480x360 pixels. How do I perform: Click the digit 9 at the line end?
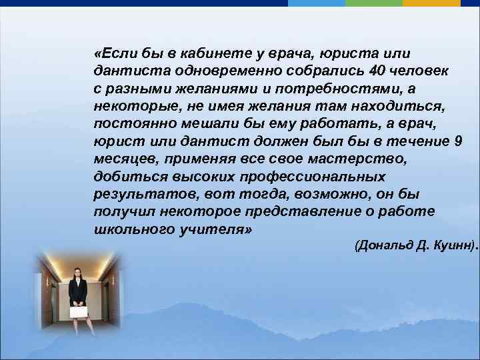coord(457,141)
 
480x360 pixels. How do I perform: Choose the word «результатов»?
coord(135,194)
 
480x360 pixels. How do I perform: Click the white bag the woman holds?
coord(79,311)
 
